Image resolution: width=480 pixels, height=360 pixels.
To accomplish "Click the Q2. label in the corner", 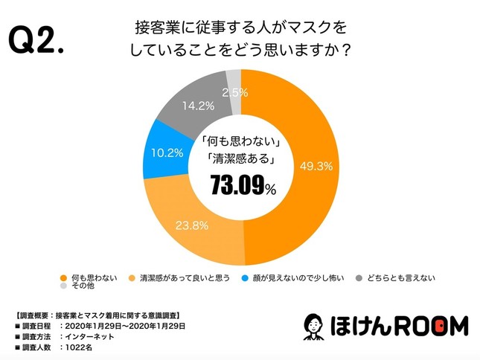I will click(x=37, y=42).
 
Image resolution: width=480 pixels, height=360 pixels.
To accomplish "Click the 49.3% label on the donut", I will click(x=315, y=166).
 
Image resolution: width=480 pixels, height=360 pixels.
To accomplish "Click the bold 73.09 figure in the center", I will click(x=237, y=186).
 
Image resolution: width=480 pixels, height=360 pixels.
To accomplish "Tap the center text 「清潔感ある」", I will click(x=240, y=158).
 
